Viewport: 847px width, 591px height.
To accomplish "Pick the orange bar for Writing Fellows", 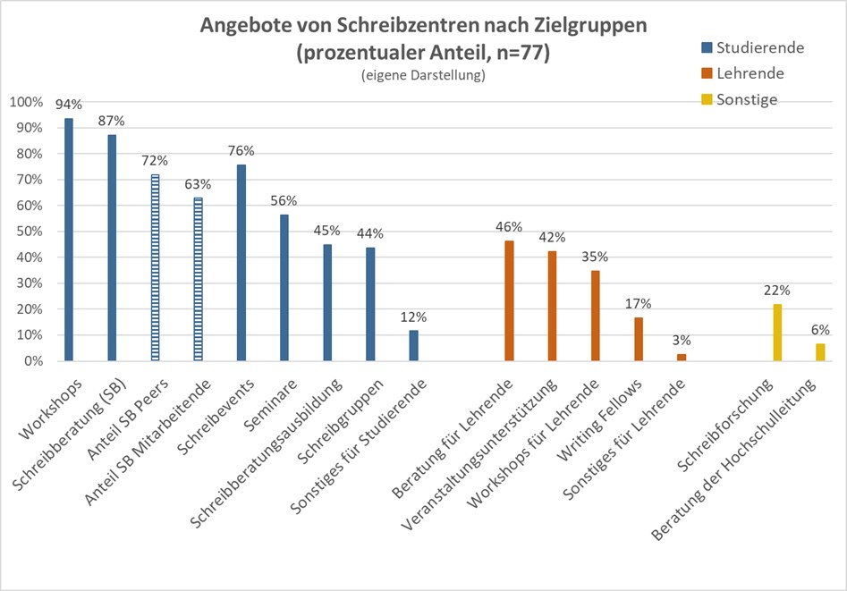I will coord(639,339).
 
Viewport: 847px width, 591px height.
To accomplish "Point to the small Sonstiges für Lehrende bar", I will coord(682,357).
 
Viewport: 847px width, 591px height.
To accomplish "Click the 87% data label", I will coord(113,120).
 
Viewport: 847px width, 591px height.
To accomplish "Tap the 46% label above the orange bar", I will coord(509,226).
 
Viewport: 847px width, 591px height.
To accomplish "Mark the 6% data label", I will coord(820,330).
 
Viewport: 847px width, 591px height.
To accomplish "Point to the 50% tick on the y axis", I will coord(27,232).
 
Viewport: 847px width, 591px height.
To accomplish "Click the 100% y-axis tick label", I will coord(25,102).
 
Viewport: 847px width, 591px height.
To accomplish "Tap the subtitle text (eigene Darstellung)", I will coord(423,77).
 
